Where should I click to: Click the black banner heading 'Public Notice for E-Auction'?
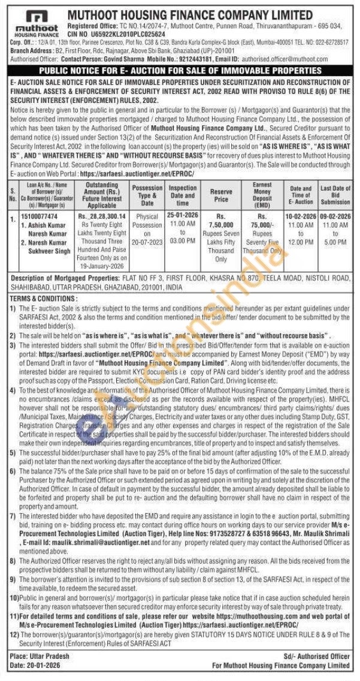[x=180, y=71]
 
